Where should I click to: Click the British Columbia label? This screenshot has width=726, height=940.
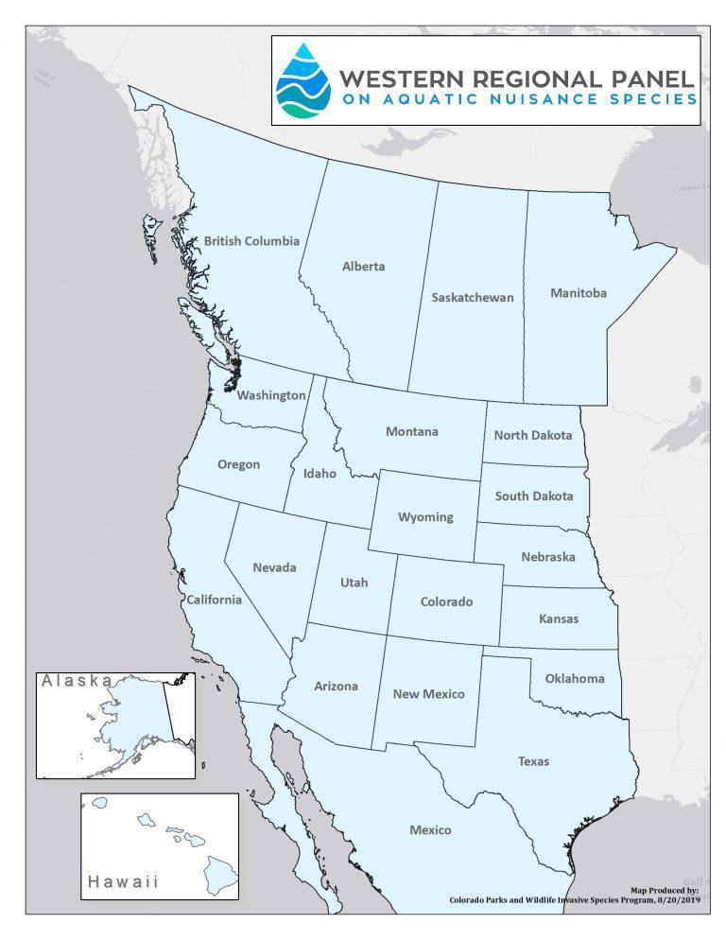tap(251, 241)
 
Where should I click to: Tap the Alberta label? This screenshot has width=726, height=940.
tap(363, 267)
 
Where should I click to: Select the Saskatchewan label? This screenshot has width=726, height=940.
tap(472, 298)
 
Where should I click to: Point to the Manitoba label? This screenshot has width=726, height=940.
tap(578, 293)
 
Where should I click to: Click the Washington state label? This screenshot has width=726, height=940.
tap(271, 395)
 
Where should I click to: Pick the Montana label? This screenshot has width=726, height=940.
tap(411, 432)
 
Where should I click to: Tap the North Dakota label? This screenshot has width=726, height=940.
tap(533, 436)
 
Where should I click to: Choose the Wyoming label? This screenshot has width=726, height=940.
tap(424, 517)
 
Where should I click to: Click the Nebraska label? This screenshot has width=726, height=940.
tap(547, 557)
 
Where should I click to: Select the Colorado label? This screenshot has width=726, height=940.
tap(446, 601)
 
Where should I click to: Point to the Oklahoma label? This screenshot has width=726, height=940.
tap(574, 678)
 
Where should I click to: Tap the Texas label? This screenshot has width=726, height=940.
tap(533, 760)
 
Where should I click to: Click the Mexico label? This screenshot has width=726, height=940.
tap(430, 830)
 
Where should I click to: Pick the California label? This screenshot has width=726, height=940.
tap(214, 600)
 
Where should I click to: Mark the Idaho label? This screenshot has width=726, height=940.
tap(320, 474)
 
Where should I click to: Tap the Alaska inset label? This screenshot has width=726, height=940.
tap(76, 681)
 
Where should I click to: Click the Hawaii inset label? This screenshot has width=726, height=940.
tap(123, 881)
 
